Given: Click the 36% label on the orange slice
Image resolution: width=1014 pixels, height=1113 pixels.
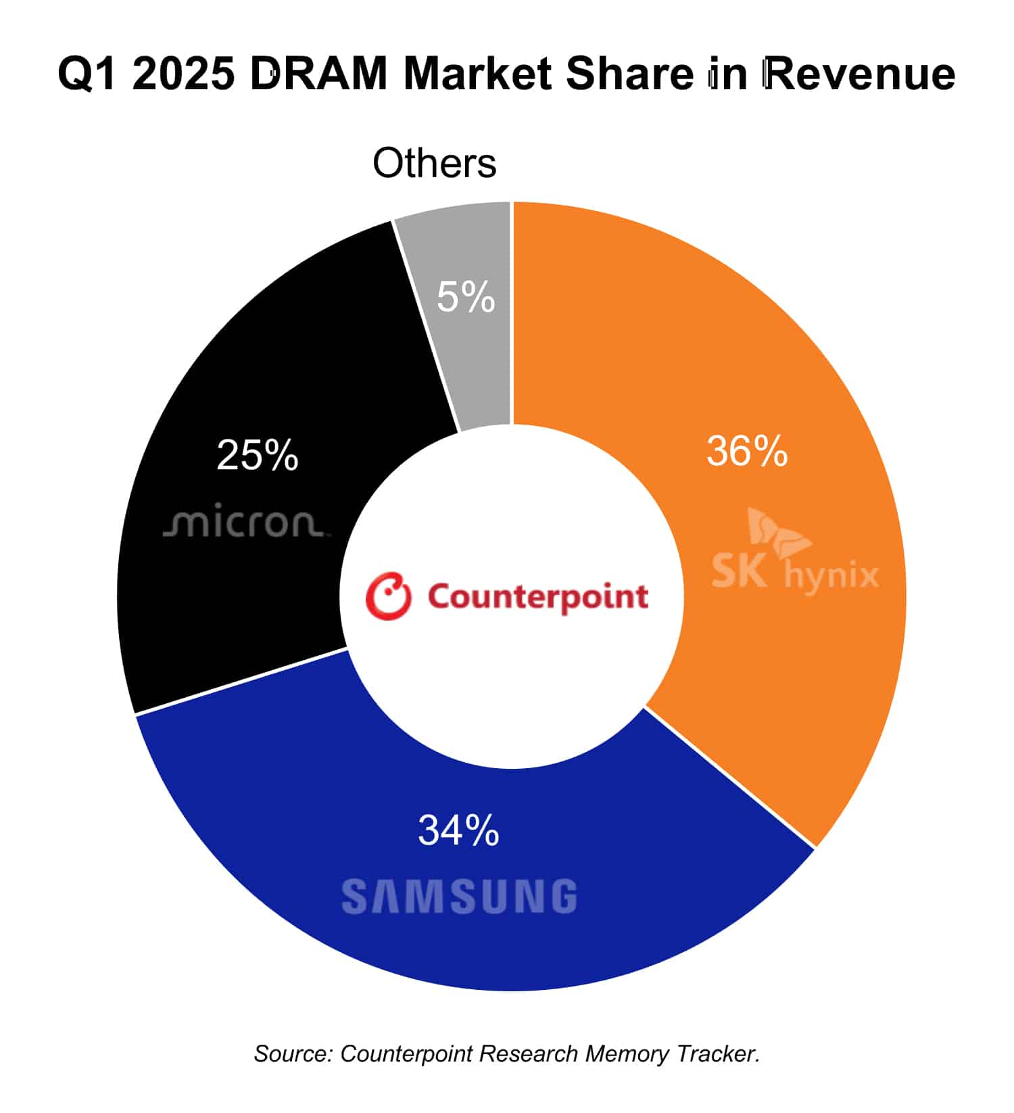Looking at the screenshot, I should [x=746, y=451].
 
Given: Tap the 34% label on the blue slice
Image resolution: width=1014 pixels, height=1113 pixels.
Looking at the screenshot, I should [x=458, y=830].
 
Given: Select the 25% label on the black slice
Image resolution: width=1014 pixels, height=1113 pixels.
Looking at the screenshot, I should [x=257, y=455].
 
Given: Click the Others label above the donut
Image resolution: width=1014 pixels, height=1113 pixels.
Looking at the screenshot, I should [x=435, y=163].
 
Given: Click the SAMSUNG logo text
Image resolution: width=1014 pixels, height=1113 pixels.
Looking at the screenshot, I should [x=459, y=897].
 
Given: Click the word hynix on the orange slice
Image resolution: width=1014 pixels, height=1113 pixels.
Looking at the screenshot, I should [x=831, y=575].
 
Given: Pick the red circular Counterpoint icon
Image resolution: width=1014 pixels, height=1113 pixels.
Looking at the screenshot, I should [x=388, y=596].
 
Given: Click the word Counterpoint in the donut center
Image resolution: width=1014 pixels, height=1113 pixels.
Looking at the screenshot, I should [x=537, y=597].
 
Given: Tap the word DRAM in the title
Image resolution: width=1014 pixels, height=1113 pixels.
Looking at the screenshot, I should [x=318, y=74].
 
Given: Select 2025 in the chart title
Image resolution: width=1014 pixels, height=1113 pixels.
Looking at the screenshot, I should [x=184, y=74].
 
